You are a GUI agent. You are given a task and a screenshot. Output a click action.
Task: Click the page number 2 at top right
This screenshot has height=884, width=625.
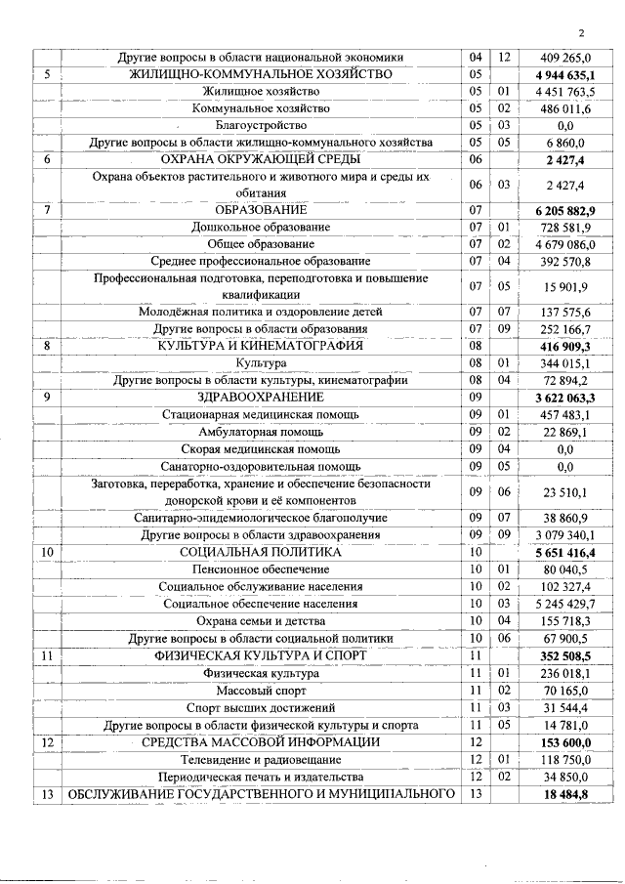click(x=580, y=30)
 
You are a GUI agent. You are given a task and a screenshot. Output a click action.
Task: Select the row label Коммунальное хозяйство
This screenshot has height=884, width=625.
click(x=261, y=108)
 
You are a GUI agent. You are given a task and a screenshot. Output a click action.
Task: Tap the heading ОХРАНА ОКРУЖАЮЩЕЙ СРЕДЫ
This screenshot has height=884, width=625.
click(x=261, y=158)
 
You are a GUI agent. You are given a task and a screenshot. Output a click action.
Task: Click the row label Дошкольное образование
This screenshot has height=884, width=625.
click(x=261, y=227)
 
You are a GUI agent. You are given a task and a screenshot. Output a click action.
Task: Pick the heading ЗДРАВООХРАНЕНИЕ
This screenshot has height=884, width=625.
click(x=261, y=398)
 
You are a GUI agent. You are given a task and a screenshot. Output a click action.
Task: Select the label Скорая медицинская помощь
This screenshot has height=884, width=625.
click(x=261, y=448)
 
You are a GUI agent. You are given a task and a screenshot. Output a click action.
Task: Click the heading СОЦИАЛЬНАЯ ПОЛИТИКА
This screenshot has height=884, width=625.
click(x=261, y=552)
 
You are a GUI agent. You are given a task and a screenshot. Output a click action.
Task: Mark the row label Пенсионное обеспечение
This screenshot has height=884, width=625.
click(x=261, y=568)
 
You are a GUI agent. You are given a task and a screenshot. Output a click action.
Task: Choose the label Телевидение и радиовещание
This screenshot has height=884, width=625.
click(x=261, y=759)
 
